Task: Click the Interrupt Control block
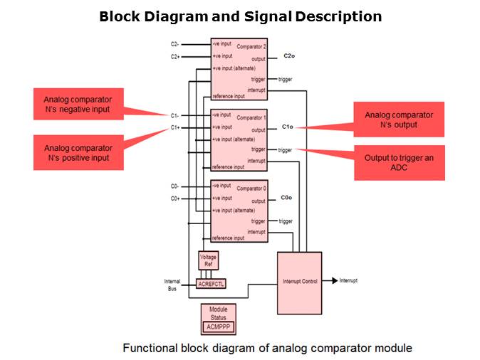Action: [x=299, y=282]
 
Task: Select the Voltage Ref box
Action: [x=208, y=260]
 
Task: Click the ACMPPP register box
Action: [x=219, y=327]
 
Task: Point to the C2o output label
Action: [x=288, y=55]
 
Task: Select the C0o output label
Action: [x=287, y=197]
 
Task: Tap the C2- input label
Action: [x=176, y=44]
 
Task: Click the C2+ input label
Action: [x=176, y=56]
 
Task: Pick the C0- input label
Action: [x=175, y=186]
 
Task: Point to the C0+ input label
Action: [x=175, y=198]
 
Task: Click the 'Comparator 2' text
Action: [x=251, y=46]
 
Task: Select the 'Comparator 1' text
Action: [x=251, y=117]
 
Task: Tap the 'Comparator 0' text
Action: [x=251, y=189]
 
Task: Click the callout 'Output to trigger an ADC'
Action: [x=399, y=162]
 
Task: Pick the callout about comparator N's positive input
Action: [x=77, y=152]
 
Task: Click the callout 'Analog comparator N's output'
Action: [x=399, y=120]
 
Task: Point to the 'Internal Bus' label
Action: [x=172, y=285]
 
